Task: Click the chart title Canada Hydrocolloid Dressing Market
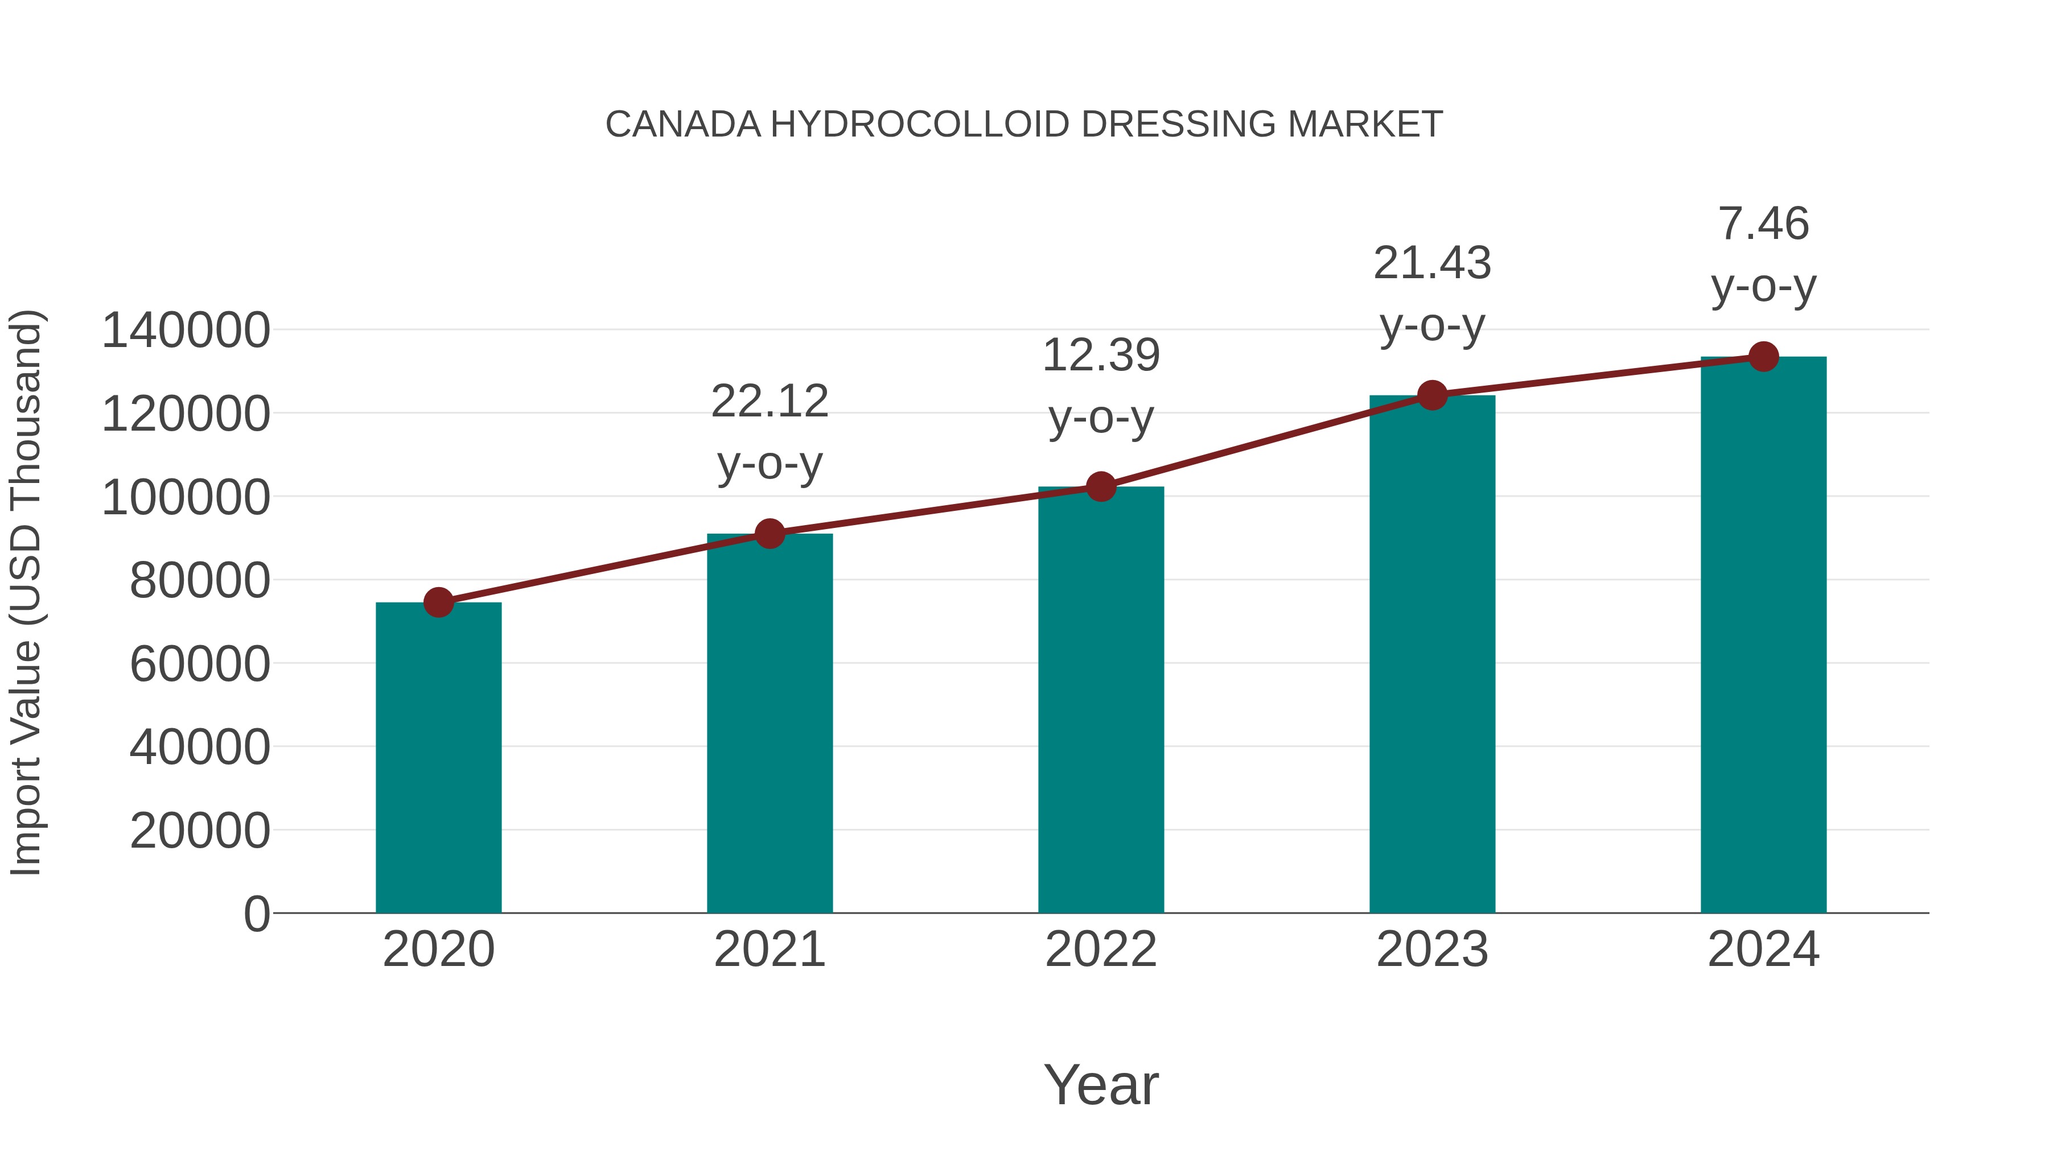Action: (x=1024, y=125)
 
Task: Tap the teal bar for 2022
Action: (x=1101, y=700)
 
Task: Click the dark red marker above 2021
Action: (x=769, y=534)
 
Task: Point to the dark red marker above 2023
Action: (x=1432, y=395)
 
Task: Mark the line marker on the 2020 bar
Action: (x=438, y=602)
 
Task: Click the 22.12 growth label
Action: (x=769, y=402)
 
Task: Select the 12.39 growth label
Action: (x=1101, y=356)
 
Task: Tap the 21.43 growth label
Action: (x=1432, y=263)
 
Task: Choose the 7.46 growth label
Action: (x=1763, y=224)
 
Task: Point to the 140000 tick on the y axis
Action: (x=186, y=331)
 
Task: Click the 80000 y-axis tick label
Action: (x=200, y=580)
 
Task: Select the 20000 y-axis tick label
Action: (x=200, y=831)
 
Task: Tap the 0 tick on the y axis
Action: (x=257, y=914)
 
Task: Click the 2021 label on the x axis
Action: (x=769, y=949)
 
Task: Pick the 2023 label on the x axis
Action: (x=1432, y=949)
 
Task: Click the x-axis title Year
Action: (x=1101, y=1084)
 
